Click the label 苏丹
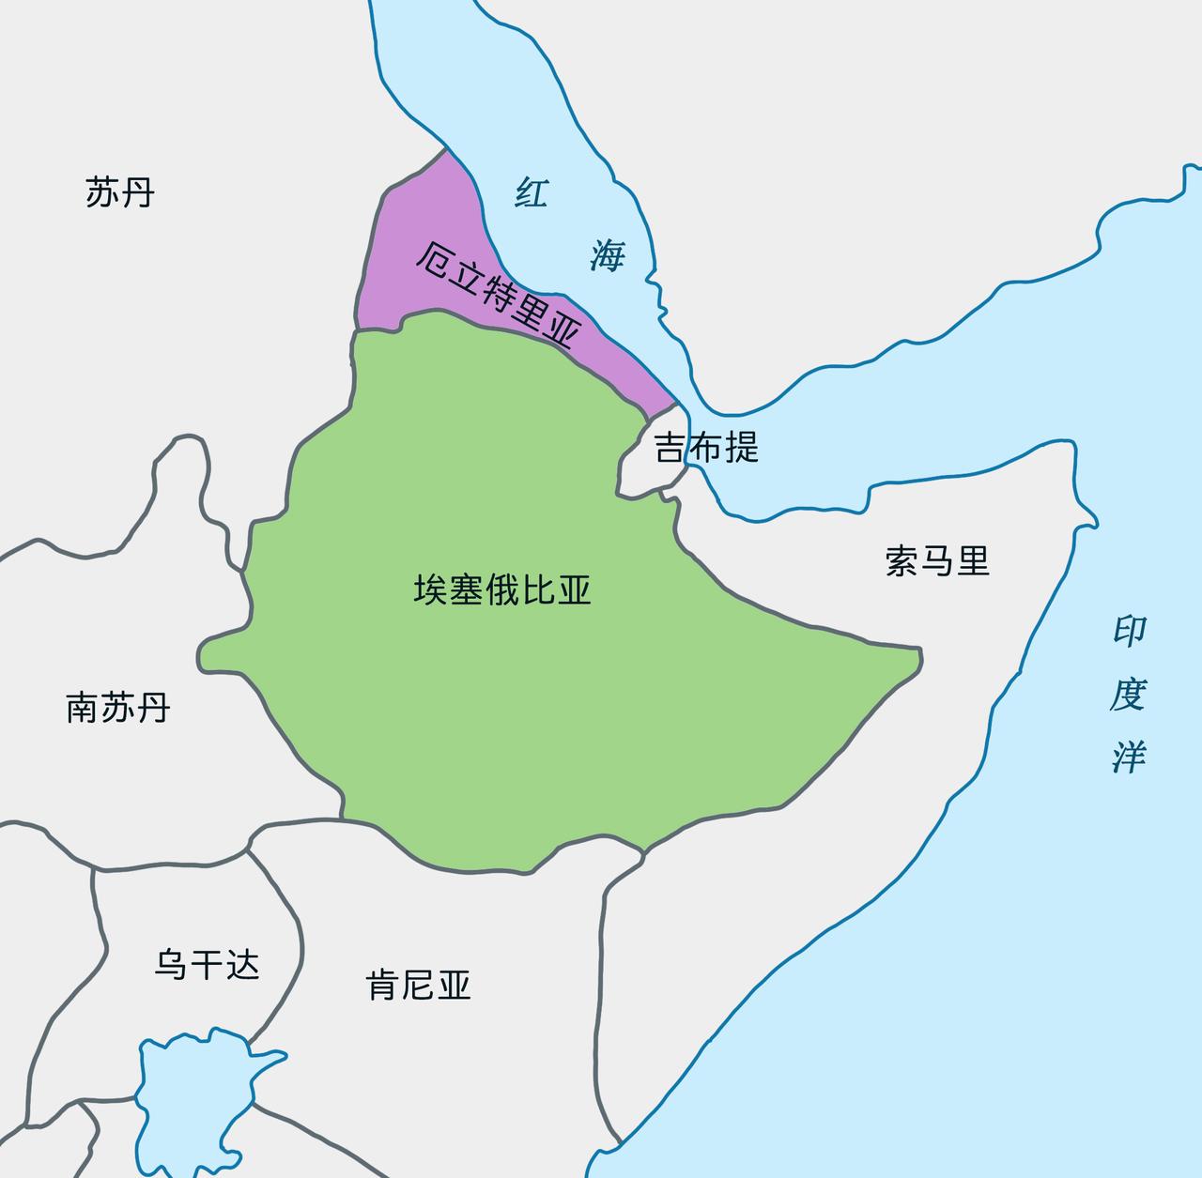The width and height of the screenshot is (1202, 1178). [x=119, y=192]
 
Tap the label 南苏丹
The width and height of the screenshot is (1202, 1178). [x=118, y=707]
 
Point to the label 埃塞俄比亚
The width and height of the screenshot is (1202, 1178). [x=502, y=590]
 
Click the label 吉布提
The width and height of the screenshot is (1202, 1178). [x=706, y=447]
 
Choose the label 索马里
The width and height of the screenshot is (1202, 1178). [x=937, y=561]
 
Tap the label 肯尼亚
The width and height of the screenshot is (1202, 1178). [x=418, y=985]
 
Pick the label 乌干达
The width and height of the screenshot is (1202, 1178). [x=207, y=964]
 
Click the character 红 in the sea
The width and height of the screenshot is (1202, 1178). [x=531, y=192]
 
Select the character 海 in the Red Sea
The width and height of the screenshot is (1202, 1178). [x=608, y=254]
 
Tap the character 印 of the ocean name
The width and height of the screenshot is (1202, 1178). [x=1130, y=631]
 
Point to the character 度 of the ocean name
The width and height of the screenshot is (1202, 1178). [x=1128, y=695]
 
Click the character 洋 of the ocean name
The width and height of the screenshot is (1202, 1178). [x=1128, y=757]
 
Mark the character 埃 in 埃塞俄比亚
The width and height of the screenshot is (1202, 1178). [x=431, y=590]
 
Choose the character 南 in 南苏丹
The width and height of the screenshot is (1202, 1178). [x=83, y=707]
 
